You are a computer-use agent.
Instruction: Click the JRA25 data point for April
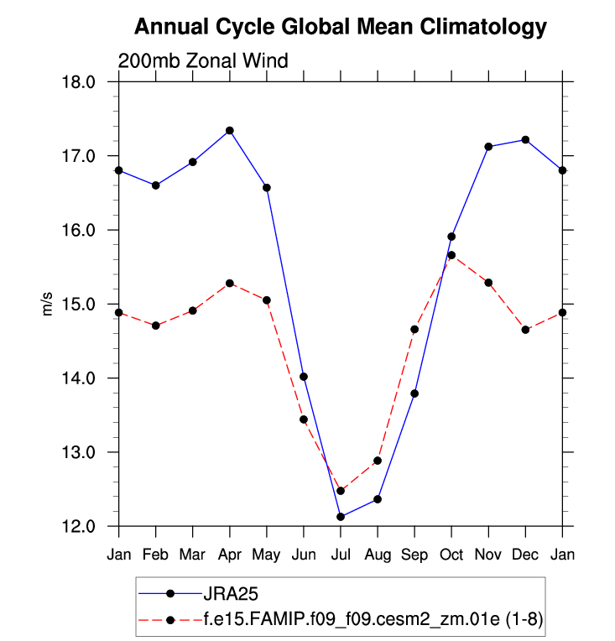tap(230, 131)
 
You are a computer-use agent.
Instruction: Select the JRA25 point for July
tap(341, 517)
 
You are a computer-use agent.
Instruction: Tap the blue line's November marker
tap(488, 147)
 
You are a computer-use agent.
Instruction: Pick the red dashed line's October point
tap(451, 255)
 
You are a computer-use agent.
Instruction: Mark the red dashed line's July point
tap(341, 491)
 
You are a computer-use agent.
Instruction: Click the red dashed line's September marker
tap(414, 330)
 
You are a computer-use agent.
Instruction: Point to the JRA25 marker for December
tap(525, 139)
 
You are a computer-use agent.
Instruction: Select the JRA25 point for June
tap(304, 377)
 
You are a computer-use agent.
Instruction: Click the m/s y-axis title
tap(48, 304)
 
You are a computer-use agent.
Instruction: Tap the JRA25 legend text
tap(227, 593)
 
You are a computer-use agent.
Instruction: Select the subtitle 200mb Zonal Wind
tap(203, 60)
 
